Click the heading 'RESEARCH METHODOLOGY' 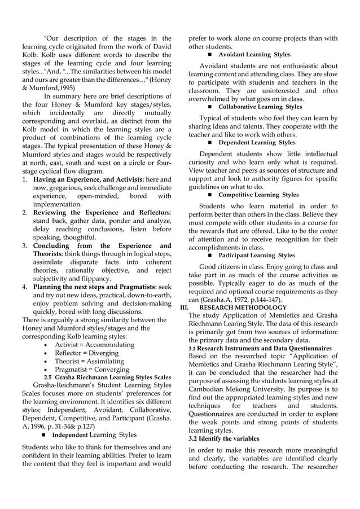point(247,308)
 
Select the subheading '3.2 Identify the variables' point(223,438)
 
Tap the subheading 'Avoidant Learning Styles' point(254,55)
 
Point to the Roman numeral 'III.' point(183,308)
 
